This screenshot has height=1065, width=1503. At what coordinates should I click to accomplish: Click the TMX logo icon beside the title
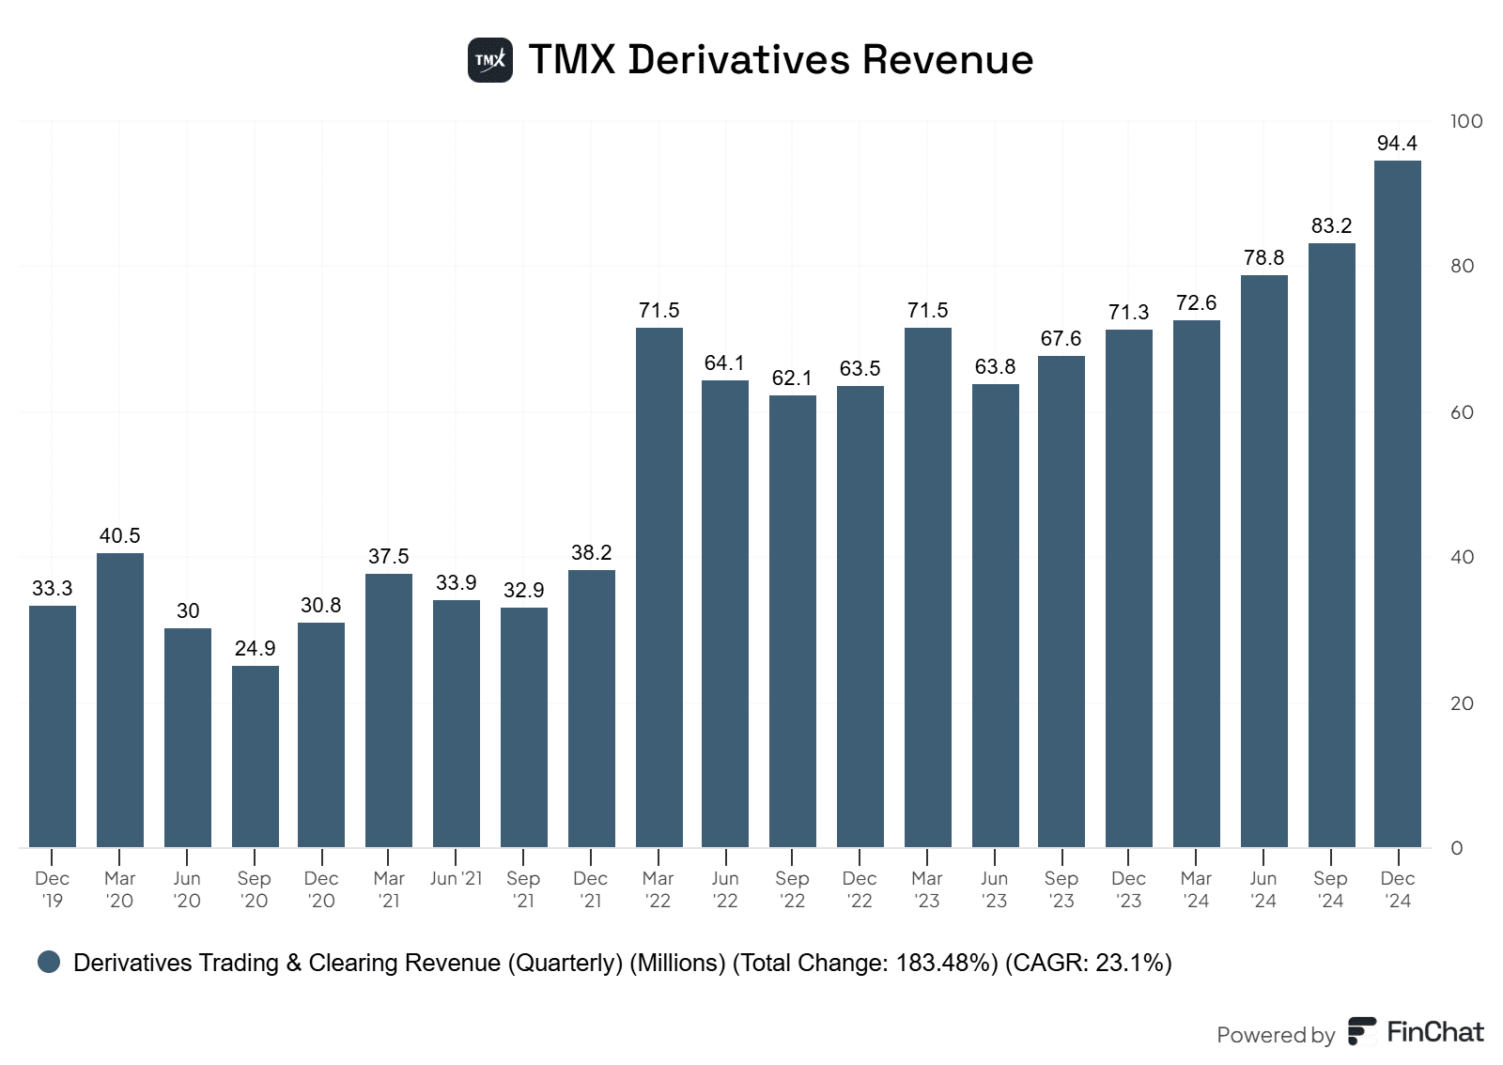(490, 60)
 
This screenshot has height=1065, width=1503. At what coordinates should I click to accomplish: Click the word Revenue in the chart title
(948, 60)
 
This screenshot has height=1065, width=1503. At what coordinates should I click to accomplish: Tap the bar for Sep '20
(255, 756)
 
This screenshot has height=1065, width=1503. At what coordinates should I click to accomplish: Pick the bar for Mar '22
(659, 587)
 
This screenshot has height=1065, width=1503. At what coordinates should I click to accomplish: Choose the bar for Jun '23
(995, 615)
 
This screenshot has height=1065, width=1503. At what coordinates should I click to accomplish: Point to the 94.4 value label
(1397, 144)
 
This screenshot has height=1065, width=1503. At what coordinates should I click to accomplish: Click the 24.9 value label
(255, 649)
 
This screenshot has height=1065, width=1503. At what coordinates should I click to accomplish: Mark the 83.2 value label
(1331, 226)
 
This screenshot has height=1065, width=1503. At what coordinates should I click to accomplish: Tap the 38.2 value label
(591, 553)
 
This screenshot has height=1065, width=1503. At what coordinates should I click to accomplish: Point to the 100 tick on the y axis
(1465, 121)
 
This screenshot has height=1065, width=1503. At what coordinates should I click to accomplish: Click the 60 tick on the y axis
(1462, 412)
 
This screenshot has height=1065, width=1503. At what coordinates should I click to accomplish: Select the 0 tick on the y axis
(1456, 848)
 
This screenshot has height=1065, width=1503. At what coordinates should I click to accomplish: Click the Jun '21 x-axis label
(456, 879)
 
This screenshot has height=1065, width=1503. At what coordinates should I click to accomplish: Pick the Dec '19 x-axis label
(52, 889)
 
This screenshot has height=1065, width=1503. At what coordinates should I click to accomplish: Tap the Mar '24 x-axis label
(1196, 889)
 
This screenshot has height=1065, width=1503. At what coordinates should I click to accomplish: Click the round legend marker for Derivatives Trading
(49, 962)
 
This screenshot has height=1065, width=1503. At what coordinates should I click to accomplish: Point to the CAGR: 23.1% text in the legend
(1089, 964)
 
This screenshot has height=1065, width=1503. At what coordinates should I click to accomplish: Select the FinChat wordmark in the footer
(1434, 1032)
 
